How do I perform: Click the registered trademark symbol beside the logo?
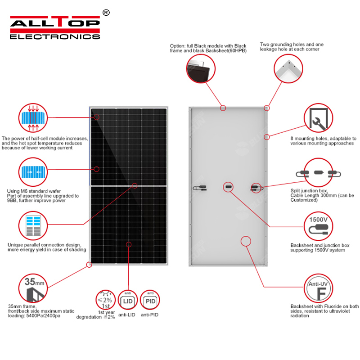[x=106, y=13]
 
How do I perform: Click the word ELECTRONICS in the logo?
[x=55, y=37]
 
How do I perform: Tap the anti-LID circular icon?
[x=128, y=300]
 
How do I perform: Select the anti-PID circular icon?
[x=150, y=300]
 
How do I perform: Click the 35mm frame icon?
[x=33, y=288]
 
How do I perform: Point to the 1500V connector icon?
[x=318, y=226]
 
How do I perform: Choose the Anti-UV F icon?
[x=318, y=288]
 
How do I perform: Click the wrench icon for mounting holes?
[x=318, y=118]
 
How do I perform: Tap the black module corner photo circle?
[x=201, y=69]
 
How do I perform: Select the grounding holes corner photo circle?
[x=288, y=69]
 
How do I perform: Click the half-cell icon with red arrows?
[x=33, y=118]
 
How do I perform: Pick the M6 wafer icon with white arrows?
[x=33, y=172]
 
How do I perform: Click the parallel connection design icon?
[x=33, y=226]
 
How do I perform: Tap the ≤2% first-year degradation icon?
[x=105, y=300]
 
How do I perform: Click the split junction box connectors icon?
[x=318, y=173]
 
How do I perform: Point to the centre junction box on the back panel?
[x=228, y=187]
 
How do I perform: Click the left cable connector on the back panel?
[x=199, y=188]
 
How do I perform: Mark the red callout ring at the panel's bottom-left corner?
[x=89, y=265]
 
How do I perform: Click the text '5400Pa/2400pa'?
[x=43, y=316]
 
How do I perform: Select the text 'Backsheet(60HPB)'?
[x=226, y=51]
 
